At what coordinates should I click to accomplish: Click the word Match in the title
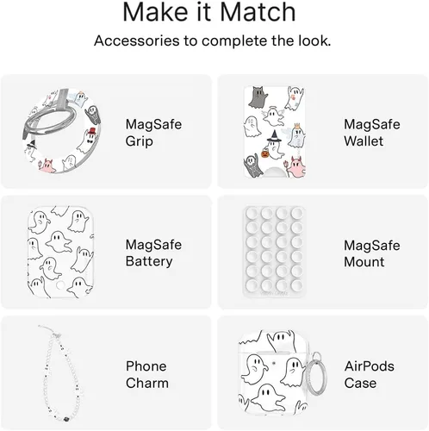[x=258, y=13]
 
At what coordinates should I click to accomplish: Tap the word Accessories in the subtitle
[x=137, y=41]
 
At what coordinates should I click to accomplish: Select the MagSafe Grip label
[x=153, y=133]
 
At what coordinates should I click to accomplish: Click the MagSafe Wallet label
[x=372, y=133]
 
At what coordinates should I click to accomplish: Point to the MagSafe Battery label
[x=153, y=253]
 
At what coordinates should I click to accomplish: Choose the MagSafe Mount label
[x=372, y=253]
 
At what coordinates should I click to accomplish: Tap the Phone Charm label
[x=147, y=375]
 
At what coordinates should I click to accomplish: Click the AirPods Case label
[x=370, y=375]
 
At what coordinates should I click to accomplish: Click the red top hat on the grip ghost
[x=92, y=131]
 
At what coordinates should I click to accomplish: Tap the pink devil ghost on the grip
[x=47, y=166]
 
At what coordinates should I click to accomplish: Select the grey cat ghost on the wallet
[x=258, y=97]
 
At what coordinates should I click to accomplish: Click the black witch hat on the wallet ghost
[x=274, y=135]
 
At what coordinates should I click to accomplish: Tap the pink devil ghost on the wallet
[x=297, y=167]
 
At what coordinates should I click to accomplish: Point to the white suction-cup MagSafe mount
[x=274, y=252]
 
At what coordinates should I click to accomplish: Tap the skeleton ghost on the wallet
[x=252, y=166]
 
